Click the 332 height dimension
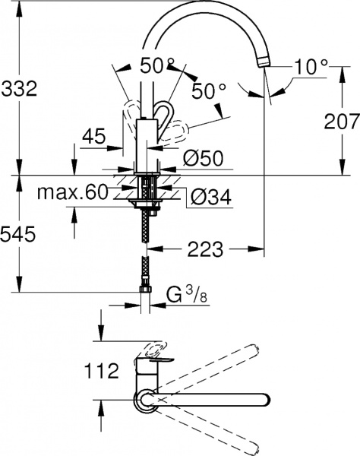(x=19, y=89)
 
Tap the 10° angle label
(x=311, y=68)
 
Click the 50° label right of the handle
(x=208, y=93)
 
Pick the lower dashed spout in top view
(x=228, y=433)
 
